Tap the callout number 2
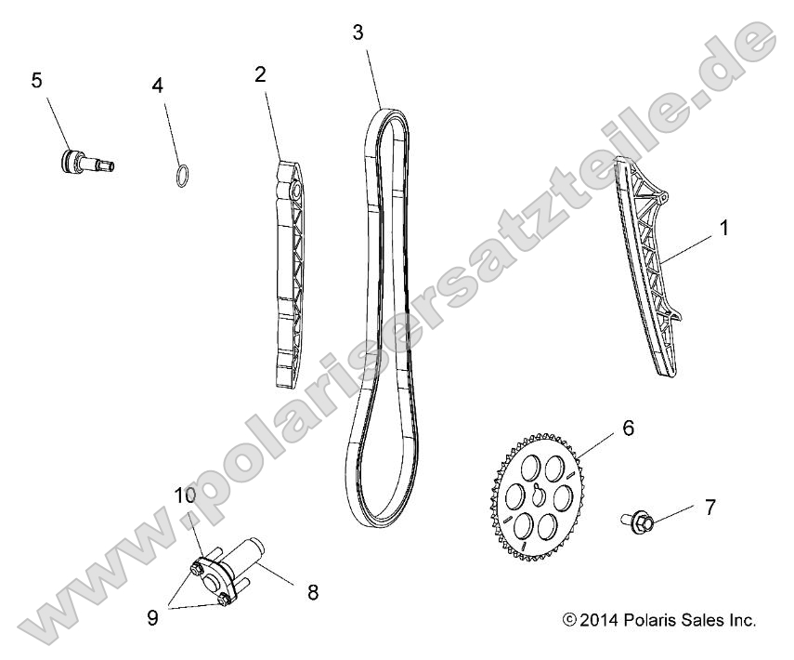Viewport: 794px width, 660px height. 261,74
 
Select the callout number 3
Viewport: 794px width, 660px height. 358,33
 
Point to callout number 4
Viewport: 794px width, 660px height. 158,86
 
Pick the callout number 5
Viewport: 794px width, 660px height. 36,80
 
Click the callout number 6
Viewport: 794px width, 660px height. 628,403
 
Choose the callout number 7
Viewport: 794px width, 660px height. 709,507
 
